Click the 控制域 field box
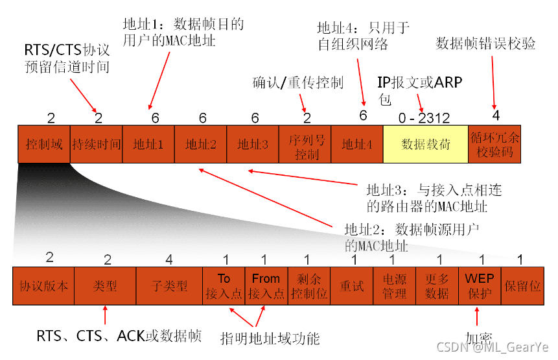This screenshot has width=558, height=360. (x=44, y=143)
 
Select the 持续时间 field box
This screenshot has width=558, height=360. (x=97, y=143)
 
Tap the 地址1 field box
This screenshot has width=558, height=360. (x=148, y=143)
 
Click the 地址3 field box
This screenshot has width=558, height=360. (x=253, y=143)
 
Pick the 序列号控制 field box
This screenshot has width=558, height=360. (x=305, y=143)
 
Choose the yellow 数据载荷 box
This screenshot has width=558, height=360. (x=425, y=143)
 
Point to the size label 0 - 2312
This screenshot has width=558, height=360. (x=424, y=118)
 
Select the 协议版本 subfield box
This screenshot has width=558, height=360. (x=43, y=286)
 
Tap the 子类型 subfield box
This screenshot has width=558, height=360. (x=169, y=286)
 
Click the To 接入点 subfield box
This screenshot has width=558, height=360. (x=224, y=286)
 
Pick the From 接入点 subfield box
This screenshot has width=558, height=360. (x=266, y=286)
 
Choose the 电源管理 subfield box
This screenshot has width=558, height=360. (x=394, y=286)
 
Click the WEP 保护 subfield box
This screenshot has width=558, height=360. (x=480, y=286)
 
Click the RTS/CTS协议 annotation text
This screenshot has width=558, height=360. (x=66, y=50)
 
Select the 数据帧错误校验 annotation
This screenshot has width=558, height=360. (x=486, y=43)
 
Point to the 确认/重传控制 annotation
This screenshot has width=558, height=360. (x=297, y=83)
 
